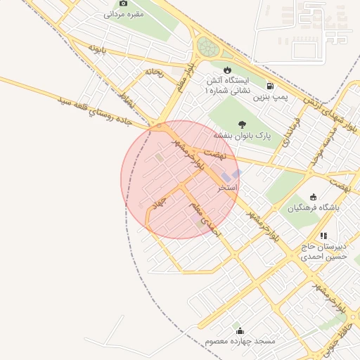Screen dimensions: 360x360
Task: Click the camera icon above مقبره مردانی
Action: (x=124, y=4)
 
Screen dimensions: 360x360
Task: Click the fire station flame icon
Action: (x=227, y=70)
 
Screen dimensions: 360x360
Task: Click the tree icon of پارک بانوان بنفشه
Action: (x=243, y=124)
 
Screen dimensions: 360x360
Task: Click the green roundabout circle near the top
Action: (x=207, y=47)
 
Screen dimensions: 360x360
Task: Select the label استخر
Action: (x=228, y=188)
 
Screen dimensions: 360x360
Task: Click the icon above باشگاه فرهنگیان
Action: (x=313, y=197)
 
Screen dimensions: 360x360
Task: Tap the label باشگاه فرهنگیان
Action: (x=313, y=208)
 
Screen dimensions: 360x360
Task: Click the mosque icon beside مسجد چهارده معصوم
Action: (x=240, y=330)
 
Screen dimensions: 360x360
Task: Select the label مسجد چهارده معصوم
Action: (x=240, y=341)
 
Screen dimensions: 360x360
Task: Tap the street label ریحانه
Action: (x=153, y=72)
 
